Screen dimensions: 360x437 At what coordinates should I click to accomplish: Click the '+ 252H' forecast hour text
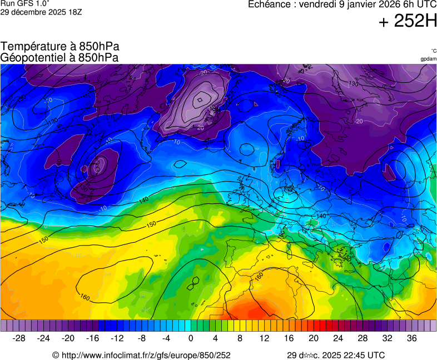click(x=408, y=21)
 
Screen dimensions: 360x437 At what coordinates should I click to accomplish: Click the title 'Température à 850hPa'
click(x=60, y=47)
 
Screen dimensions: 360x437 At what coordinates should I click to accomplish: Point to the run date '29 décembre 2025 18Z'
click(x=41, y=12)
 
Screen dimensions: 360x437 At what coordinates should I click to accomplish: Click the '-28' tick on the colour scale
click(x=19, y=338)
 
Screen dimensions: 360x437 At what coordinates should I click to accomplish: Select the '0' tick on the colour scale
click(x=191, y=338)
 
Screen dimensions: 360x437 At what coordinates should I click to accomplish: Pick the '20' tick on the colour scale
click(x=313, y=338)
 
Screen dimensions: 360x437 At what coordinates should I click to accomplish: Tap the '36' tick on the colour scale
click(x=411, y=338)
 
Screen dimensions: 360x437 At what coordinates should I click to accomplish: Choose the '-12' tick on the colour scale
click(x=117, y=338)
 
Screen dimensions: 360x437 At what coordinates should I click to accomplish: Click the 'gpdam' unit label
click(x=428, y=58)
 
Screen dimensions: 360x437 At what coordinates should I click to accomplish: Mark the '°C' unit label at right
click(x=433, y=51)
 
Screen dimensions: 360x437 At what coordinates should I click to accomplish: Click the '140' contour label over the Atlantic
click(x=143, y=199)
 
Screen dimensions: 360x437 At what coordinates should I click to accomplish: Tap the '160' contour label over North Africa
click(x=259, y=275)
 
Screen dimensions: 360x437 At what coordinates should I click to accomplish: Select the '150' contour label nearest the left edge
click(x=44, y=240)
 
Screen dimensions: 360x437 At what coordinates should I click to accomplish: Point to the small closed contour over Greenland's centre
click(x=199, y=101)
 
